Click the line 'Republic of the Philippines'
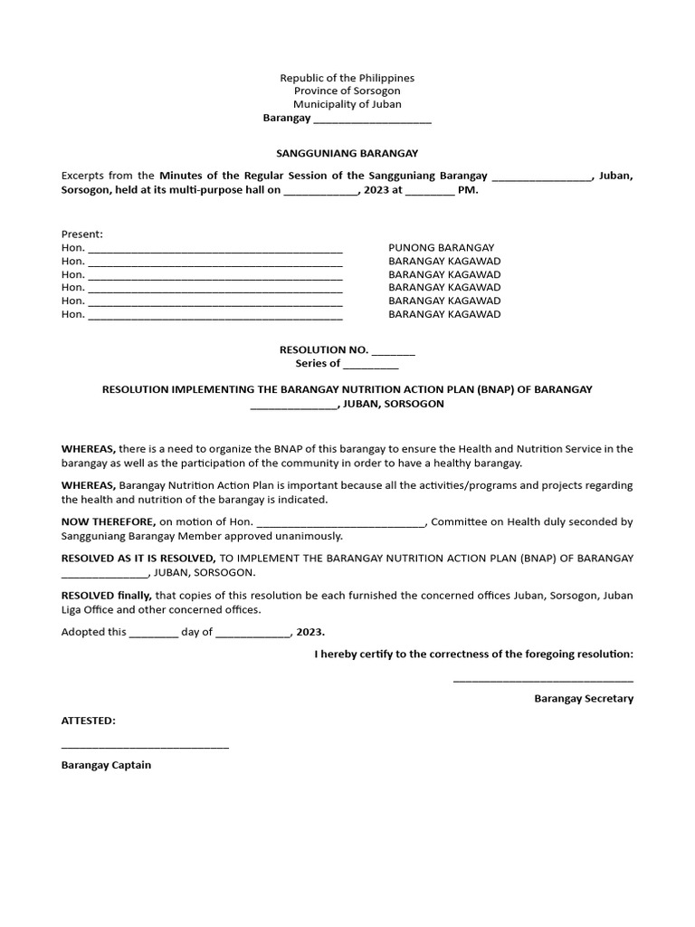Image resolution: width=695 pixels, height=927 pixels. pyautogui.click(x=347, y=79)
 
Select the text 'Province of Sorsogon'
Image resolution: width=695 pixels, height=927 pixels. pyautogui.click(x=347, y=91)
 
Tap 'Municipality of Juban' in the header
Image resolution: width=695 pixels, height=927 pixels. pyautogui.click(x=347, y=105)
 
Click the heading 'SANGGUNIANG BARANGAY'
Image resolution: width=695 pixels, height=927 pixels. pyautogui.click(x=347, y=154)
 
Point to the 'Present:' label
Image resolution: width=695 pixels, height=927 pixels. pyautogui.click(x=82, y=234)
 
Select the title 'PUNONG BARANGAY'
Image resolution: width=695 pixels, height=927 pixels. pyautogui.click(x=441, y=247)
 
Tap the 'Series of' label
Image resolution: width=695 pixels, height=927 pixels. pyautogui.click(x=318, y=363)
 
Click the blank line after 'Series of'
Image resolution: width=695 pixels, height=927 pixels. pyautogui.click(x=370, y=365)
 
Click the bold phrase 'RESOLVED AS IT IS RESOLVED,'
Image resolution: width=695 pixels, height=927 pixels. pyautogui.click(x=138, y=559)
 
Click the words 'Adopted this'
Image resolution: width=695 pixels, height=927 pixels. pyautogui.click(x=93, y=632)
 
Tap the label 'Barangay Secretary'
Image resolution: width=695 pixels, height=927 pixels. pyautogui.click(x=584, y=699)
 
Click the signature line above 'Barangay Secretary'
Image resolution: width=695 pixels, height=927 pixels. pyautogui.click(x=543, y=681)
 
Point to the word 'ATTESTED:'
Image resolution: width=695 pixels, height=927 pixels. pyautogui.click(x=88, y=721)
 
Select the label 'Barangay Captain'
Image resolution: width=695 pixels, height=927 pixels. pyautogui.click(x=106, y=765)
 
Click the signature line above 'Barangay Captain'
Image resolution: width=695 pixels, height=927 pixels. pyautogui.click(x=145, y=748)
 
